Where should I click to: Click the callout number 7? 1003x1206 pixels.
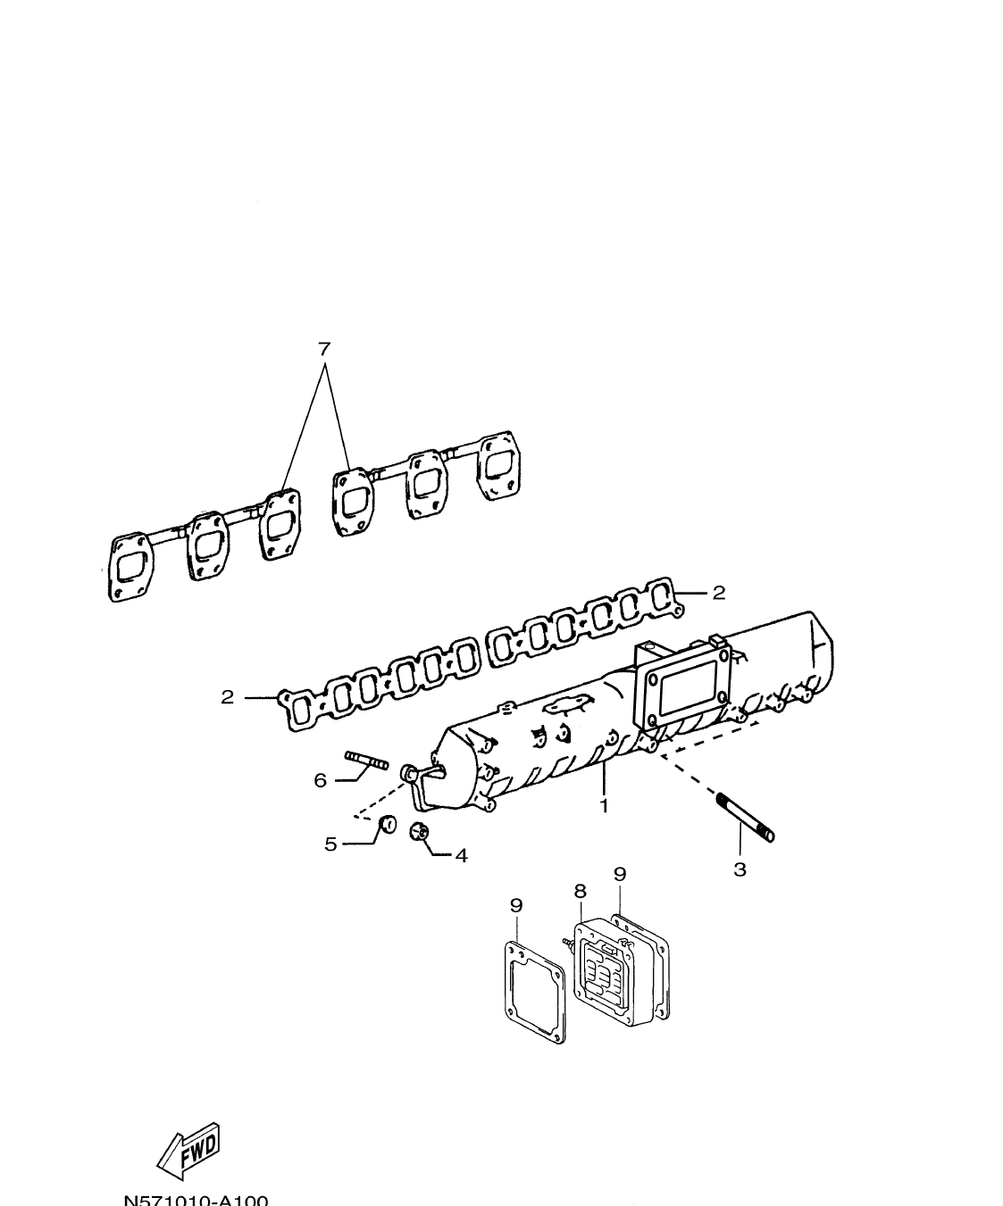[x=324, y=348]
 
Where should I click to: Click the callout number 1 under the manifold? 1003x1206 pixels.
[x=604, y=805]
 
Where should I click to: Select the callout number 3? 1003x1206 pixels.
[x=740, y=869]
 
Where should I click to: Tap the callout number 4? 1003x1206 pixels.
[x=461, y=855]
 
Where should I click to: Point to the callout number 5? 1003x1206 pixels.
[x=330, y=844]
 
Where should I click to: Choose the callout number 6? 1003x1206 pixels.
[x=321, y=780]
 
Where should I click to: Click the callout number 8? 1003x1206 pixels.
[x=580, y=890]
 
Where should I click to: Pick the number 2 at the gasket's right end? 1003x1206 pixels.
[x=718, y=592]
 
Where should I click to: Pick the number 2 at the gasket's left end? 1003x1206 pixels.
[x=228, y=697]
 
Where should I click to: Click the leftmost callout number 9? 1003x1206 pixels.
[x=516, y=904]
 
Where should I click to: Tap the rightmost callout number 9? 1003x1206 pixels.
[x=620, y=873]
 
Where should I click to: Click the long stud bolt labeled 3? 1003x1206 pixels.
[x=744, y=816]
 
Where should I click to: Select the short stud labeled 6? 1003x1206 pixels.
[x=366, y=761]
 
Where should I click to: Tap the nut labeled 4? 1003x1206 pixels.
[x=418, y=832]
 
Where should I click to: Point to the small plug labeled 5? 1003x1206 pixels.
[x=388, y=824]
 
